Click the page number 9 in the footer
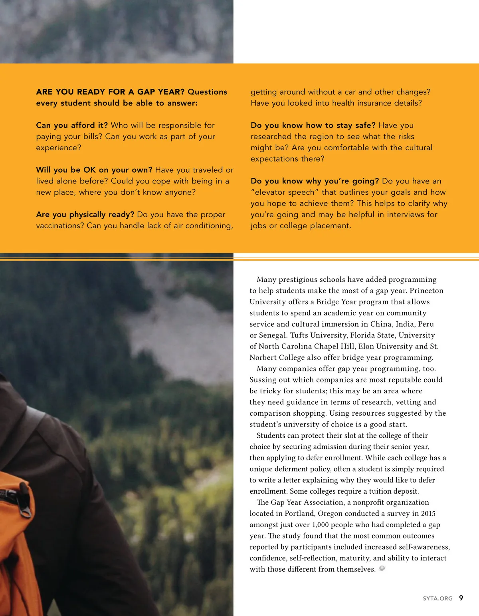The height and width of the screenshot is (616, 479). tap(461, 598)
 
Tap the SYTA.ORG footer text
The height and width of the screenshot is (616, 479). tap(437, 598)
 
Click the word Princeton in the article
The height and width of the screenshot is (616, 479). tap(426, 291)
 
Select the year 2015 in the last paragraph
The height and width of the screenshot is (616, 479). tap(428, 514)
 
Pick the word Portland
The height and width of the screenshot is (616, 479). tap(299, 514)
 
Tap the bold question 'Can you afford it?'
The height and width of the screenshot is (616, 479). tap(72, 126)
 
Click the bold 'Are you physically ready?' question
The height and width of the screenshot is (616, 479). tap(85, 215)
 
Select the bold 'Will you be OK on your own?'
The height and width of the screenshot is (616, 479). tap(94, 170)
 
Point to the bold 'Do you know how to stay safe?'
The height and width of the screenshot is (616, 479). tap(313, 126)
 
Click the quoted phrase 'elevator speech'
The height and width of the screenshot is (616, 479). tap(284, 192)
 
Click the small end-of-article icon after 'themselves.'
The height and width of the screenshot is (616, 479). tap(382, 568)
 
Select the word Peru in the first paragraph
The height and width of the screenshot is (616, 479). tap(426, 324)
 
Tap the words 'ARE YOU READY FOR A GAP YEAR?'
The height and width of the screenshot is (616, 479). tap(110, 92)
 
